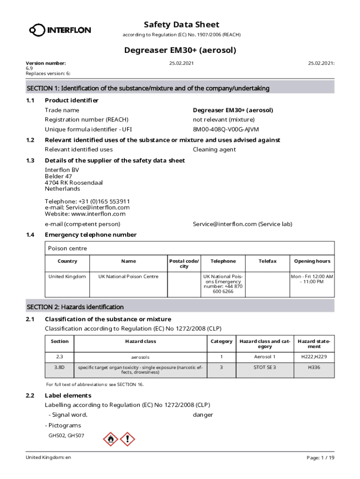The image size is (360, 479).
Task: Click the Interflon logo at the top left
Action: pos(60,30)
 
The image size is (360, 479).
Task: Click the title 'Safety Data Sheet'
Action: pos(181,24)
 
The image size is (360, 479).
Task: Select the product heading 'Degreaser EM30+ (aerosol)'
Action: pos(180,50)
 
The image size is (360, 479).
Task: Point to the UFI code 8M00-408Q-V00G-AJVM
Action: pos(225,129)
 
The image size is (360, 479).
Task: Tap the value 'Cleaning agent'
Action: pos(214,150)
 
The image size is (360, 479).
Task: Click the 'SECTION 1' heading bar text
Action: pos(148,88)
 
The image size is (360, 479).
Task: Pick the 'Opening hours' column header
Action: pos(312,261)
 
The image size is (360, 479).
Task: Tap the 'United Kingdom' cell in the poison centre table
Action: pos(67,276)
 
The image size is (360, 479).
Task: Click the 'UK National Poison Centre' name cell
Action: pos(128,276)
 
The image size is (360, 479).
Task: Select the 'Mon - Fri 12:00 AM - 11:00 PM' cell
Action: pos(312,279)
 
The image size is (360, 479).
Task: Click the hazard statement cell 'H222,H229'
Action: pos(314,357)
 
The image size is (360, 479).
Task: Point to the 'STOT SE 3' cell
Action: pos(265,367)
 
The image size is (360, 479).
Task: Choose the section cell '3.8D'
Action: pos(59,368)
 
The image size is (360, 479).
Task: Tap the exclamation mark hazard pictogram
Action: pos(127,439)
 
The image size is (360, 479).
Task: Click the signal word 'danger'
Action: pos(203,415)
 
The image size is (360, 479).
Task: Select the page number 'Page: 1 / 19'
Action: pos(320,457)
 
